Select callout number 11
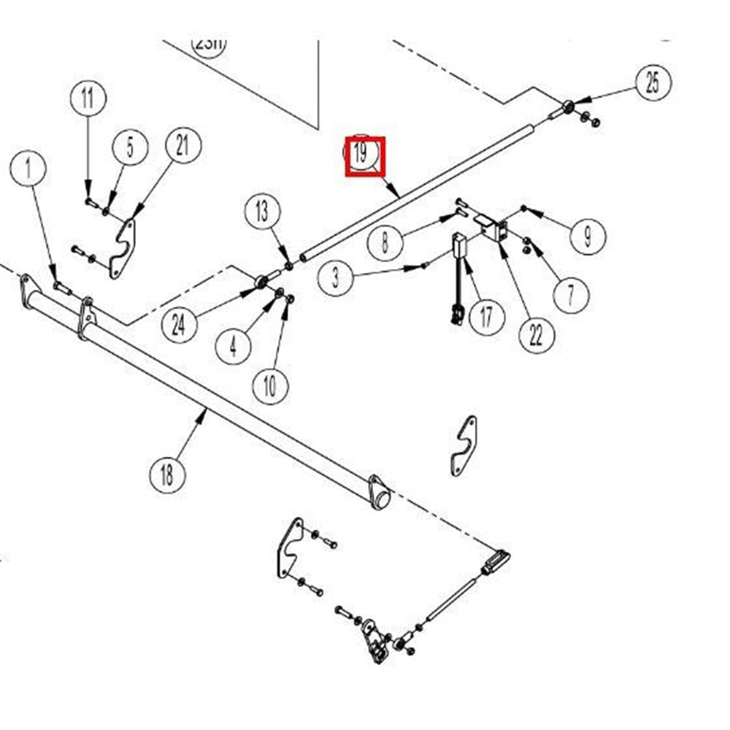click(88, 98)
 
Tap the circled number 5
click(130, 147)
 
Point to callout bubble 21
click(182, 146)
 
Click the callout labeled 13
click(261, 212)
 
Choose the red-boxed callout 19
click(364, 155)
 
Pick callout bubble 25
click(652, 83)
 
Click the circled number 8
click(385, 242)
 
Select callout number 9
click(588, 235)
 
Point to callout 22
click(537, 335)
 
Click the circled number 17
click(486, 317)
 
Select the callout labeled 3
click(335, 278)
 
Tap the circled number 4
click(233, 345)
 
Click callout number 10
click(270, 385)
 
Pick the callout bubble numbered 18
click(167, 476)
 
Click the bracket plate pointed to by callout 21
click(122, 248)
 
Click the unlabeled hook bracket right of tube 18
click(463, 445)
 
